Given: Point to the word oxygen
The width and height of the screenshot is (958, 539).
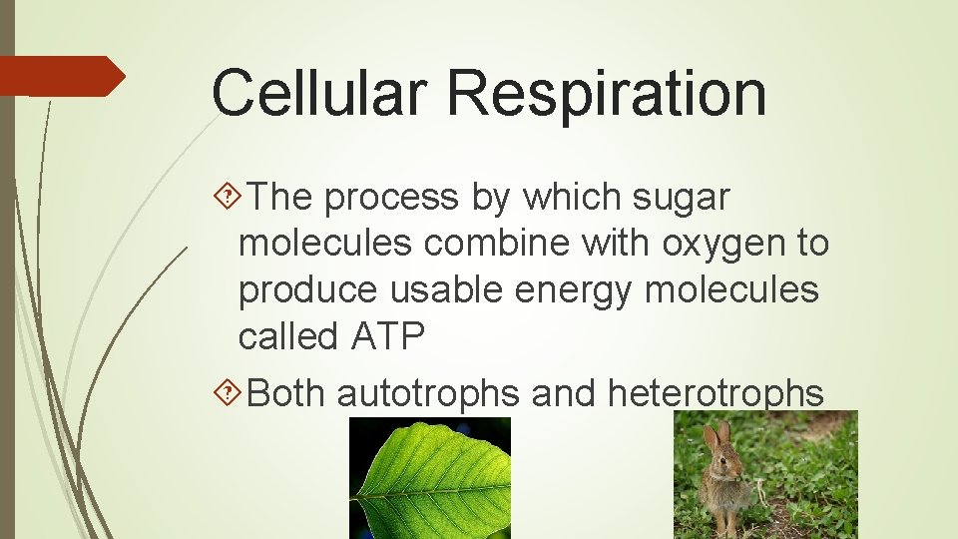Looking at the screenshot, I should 718,245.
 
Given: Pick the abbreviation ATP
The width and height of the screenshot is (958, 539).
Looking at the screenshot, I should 387,337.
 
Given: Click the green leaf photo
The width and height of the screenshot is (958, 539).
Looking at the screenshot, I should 429,479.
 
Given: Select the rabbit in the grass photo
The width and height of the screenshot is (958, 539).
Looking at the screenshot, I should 765,476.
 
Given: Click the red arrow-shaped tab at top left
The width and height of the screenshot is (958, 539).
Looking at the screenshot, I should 60,76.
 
